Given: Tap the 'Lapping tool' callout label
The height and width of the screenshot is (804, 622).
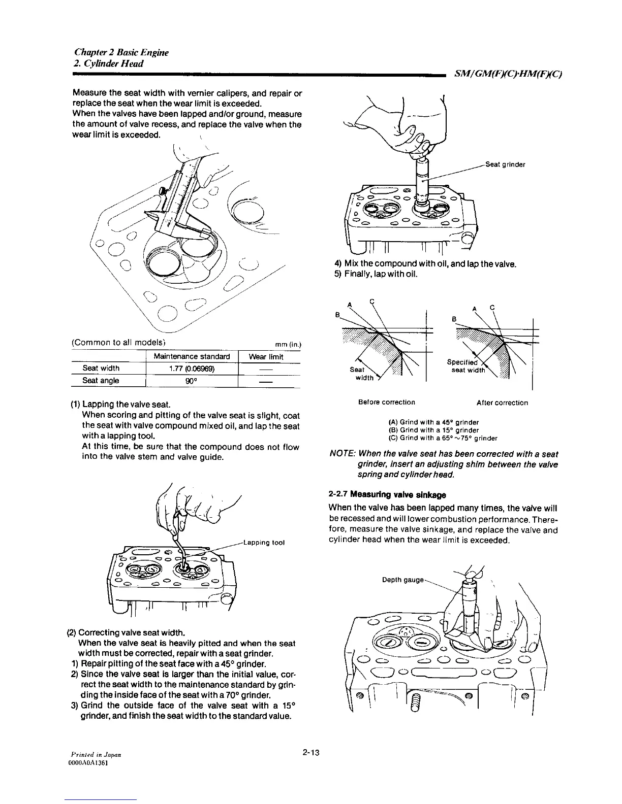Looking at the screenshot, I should pyautogui.click(x=264, y=542).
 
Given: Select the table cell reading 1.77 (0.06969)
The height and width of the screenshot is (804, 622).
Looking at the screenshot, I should pyautogui.click(x=192, y=368).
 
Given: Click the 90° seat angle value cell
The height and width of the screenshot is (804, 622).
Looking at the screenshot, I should pyautogui.click(x=192, y=380).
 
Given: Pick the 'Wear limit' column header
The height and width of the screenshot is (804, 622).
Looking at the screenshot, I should pyautogui.click(x=266, y=357).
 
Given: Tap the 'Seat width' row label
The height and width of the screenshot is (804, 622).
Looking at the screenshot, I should pyautogui.click(x=101, y=368).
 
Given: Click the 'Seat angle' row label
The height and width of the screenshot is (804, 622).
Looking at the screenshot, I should pyautogui.click(x=101, y=380).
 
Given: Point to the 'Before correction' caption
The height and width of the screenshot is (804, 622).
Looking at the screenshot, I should pyautogui.click(x=386, y=403).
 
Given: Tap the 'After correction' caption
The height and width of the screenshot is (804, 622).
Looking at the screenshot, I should pyautogui.click(x=502, y=403).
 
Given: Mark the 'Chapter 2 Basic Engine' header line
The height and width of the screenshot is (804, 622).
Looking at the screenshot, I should pyautogui.click(x=121, y=52).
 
